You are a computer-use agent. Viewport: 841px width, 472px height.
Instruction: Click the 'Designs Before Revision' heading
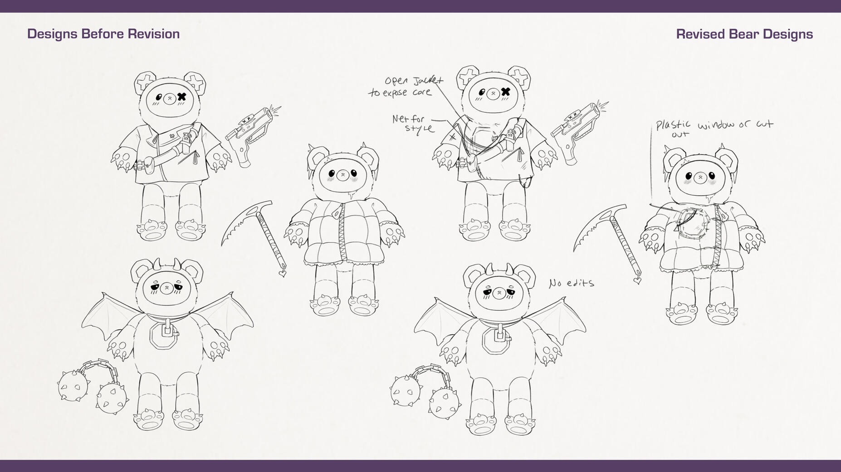103,34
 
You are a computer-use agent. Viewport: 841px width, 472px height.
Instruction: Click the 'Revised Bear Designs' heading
744,34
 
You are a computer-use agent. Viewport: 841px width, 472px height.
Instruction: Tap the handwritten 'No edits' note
571,283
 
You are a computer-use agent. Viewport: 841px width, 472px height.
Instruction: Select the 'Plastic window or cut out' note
714,128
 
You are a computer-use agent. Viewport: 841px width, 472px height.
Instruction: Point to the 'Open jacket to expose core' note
406,87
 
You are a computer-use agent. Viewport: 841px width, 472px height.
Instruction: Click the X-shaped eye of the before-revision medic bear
182,96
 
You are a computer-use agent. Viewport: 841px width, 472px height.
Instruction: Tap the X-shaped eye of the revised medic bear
505,92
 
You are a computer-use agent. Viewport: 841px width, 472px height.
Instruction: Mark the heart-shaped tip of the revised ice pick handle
637,280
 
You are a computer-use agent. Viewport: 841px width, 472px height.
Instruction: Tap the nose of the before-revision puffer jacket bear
343,175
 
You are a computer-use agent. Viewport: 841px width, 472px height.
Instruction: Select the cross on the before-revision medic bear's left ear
145,83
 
